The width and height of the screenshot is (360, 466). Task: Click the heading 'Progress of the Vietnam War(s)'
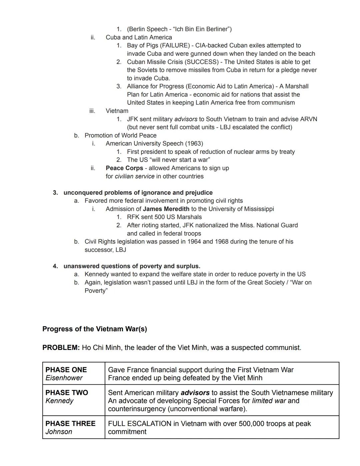(95, 329)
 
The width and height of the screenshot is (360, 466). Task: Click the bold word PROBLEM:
(61, 348)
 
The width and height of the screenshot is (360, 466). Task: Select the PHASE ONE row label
(66, 370)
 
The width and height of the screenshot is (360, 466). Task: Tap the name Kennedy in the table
(59, 401)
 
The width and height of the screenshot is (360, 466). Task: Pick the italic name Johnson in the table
(59, 432)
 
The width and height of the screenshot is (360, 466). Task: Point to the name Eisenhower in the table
(64, 378)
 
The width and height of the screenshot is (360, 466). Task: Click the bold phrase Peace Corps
(124, 168)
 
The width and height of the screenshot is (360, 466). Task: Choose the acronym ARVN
(308, 119)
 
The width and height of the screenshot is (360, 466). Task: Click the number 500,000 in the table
(258, 424)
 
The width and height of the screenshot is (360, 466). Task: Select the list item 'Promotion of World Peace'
(120, 135)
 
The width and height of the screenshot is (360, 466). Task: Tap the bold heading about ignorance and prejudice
(138, 192)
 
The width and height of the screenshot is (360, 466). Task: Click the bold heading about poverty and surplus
(132, 266)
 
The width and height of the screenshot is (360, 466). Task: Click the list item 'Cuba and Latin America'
(139, 37)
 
